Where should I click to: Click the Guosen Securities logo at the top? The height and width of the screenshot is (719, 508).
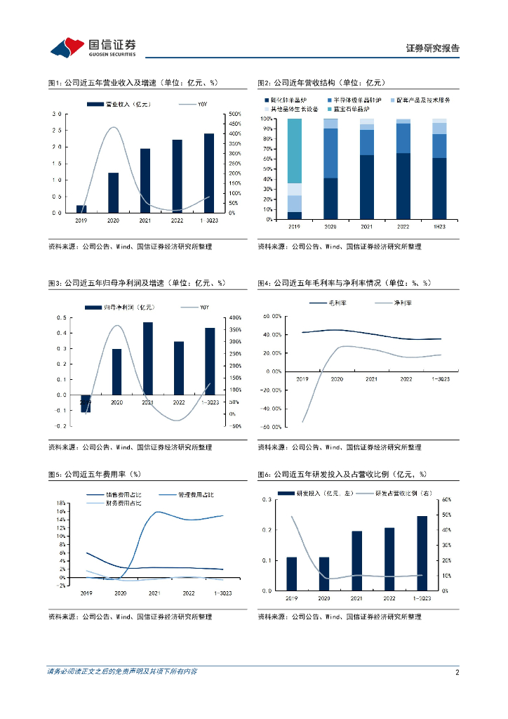[x=93, y=46]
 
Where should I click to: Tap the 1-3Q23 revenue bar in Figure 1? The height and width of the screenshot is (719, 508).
[x=209, y=173]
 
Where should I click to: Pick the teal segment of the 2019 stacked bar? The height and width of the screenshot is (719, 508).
[x=295, y=151]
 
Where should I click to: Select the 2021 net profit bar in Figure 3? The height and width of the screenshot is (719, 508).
[x=147, y=358]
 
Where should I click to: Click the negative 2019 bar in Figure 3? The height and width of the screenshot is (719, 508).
[x=86, y=403]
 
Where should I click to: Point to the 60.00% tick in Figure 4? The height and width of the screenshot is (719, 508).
[x=272, y=316]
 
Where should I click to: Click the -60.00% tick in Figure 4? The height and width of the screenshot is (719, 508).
[x=271, y=427]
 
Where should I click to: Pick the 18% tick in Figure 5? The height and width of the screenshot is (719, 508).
[x=60, y=503]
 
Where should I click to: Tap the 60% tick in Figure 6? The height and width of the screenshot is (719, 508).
[x=446, y=500]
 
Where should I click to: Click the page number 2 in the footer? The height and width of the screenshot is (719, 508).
[x=457, y=672]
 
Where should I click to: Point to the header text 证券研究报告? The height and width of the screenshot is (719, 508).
[x=433, y=48]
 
